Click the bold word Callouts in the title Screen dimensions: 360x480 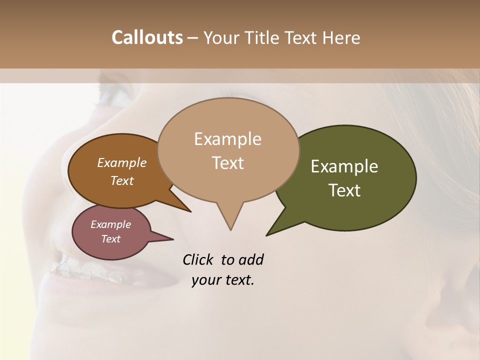point(147,37)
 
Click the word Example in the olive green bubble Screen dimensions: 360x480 point(344,166)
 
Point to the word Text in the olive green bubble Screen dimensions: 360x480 point(344,190)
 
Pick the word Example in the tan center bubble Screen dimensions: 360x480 point(227,139)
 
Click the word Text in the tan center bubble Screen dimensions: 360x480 point(227,163)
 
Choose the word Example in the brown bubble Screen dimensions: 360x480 point(121,162)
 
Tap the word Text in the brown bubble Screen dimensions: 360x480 point(121,180)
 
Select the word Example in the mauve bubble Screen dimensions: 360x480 point(110,224)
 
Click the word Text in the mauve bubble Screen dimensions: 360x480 point(110,239)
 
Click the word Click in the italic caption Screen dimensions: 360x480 point(199,259)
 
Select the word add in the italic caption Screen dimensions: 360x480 point(251,259)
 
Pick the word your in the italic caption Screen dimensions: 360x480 point(205,280)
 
